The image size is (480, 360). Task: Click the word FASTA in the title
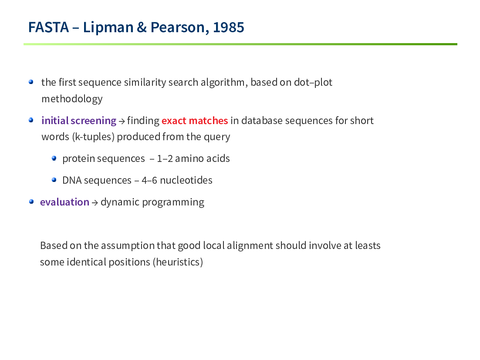48,27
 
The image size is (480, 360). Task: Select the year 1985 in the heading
228,27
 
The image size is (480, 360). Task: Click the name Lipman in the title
108,28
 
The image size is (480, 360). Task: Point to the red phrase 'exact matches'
195,121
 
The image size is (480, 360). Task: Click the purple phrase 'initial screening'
79,121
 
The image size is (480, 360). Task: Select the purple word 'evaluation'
64,202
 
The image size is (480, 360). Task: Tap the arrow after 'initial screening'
122,121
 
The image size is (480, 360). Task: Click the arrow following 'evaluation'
95,203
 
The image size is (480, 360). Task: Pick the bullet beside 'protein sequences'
54,158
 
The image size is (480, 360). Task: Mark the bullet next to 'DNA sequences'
54,180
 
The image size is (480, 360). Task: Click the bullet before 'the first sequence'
31,82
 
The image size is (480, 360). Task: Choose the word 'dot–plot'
313,82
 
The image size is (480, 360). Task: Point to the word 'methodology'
72,99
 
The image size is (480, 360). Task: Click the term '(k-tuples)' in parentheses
93,137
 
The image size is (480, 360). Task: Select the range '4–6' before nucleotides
149,181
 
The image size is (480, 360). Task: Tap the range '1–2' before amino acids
165,159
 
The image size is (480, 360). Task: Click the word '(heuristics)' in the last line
178,262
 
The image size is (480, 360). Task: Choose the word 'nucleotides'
186,181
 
